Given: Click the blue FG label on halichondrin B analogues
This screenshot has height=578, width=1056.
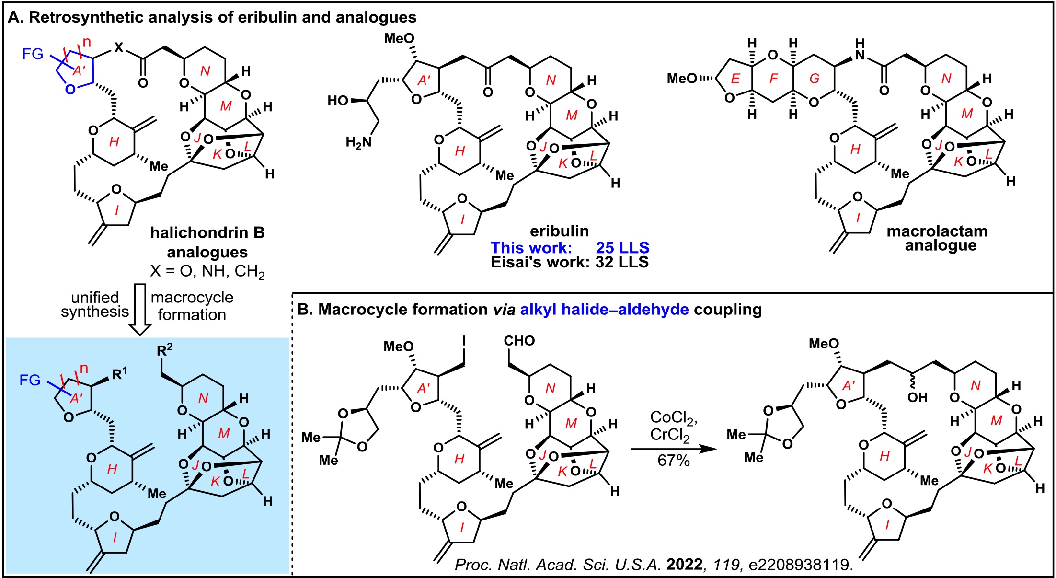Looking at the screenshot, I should coord(33,54).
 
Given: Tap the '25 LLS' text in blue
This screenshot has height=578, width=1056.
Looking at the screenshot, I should coord(622,247).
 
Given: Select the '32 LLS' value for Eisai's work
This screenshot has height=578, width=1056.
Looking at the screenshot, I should coord(622,262).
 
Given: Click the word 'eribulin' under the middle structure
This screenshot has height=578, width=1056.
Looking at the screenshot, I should coord(559,231).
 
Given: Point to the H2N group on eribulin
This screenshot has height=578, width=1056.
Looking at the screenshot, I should coord(358,142).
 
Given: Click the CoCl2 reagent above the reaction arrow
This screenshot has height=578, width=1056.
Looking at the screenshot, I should coord(674,418).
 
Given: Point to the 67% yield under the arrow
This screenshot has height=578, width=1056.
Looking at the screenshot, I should coord(674,461).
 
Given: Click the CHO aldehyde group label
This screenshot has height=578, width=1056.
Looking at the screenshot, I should coord(519,341).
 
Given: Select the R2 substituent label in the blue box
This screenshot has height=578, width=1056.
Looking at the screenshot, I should coord(164,351).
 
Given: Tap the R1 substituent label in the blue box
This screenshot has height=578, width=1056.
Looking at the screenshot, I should coord(120,373).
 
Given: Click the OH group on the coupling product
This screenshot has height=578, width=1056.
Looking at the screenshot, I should coord(917,397).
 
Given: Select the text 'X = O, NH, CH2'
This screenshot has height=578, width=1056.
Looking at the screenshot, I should coord(207,272).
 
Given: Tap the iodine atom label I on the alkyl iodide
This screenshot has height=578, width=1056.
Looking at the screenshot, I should coord(464,341).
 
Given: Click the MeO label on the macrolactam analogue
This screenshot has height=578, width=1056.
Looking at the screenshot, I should coord(682,78).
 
